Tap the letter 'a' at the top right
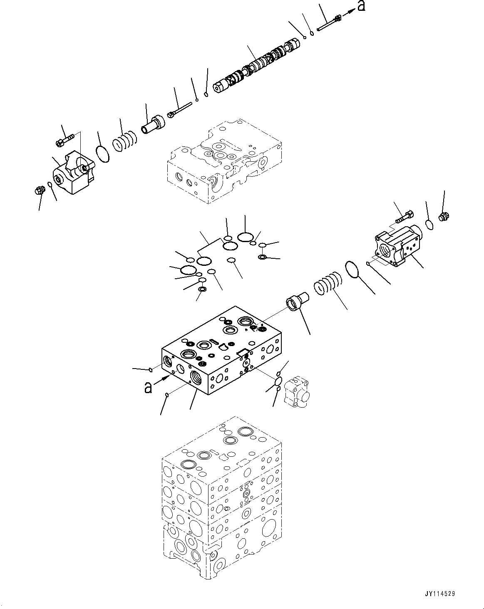(361, 6)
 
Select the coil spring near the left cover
(124, 140)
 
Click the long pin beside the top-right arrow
(329, 23)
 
